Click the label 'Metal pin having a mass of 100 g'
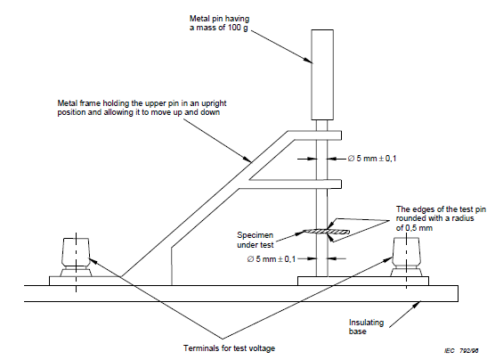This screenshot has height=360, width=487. [219, 23]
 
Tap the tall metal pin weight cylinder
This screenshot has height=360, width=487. [322, 75]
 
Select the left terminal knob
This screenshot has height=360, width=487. [76, 258]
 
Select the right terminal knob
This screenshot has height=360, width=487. [406, 258]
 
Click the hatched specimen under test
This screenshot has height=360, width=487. [326, 232]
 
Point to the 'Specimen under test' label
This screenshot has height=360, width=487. [255, 240]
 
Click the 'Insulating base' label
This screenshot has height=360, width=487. [366, 327]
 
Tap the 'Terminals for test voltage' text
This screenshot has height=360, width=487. [229, 348]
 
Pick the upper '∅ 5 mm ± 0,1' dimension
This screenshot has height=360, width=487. [372, 159]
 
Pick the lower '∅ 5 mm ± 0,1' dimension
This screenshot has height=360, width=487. [272, 258]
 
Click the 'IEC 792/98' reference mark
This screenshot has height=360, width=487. [461, 351]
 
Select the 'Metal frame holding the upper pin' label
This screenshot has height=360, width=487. [142, 108]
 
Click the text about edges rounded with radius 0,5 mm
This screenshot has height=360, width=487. [441, 218]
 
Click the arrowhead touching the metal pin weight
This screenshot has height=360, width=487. [308, 61]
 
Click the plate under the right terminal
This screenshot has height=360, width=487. [363, 281]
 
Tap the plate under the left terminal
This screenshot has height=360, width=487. [84, 281]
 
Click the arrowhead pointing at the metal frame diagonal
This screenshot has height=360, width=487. [248, 160]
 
